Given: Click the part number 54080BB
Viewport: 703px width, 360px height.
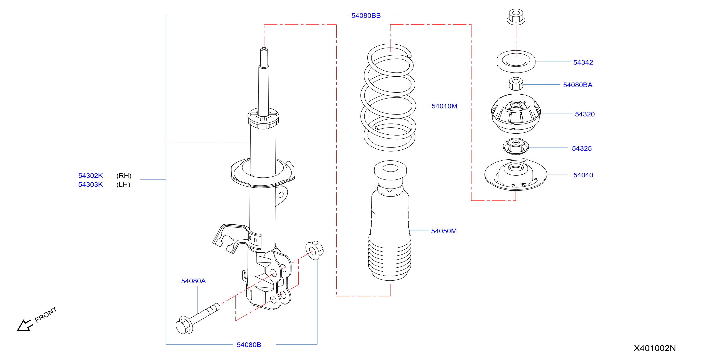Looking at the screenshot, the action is [366, 16].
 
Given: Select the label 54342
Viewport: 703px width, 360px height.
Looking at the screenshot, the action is [583, 63].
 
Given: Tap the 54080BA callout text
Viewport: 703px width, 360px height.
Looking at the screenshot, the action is [577, 85].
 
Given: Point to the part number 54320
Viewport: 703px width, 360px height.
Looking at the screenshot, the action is [585, 114].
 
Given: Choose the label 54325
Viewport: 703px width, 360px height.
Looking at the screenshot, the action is [582, 148].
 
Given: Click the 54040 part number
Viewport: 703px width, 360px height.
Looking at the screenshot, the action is [583, 175].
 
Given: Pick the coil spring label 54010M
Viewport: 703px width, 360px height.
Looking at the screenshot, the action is [444, 106].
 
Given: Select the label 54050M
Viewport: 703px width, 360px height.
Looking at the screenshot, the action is [444, 231].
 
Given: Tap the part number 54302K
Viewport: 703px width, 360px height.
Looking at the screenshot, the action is [90, 175].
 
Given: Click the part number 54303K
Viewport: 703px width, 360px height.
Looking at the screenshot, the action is [90, 185].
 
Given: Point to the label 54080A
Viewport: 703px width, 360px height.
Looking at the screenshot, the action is [193, 281].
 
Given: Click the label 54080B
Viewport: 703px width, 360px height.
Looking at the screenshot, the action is [249, 345].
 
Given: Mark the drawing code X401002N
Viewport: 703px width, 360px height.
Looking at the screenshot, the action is [655, 348].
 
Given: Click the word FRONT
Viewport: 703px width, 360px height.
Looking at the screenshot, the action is [46, 314].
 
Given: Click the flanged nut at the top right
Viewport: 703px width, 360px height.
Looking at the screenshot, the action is [516, 17].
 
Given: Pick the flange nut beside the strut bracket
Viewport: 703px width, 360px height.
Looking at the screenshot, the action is [314, 250].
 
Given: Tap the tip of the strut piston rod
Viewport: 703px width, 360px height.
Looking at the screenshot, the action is [264, 49].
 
